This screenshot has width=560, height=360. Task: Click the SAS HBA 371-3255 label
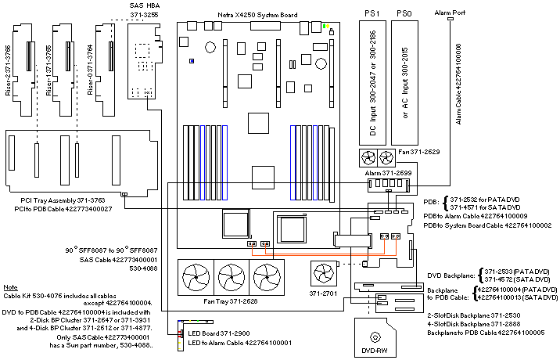click(145, 10)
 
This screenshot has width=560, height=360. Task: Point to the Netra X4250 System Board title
click(249, 13)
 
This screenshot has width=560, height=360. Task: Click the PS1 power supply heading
click(372, 14)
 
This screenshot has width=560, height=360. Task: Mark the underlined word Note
click(10, 288)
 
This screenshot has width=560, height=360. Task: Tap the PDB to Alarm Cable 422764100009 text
click(486, 215)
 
